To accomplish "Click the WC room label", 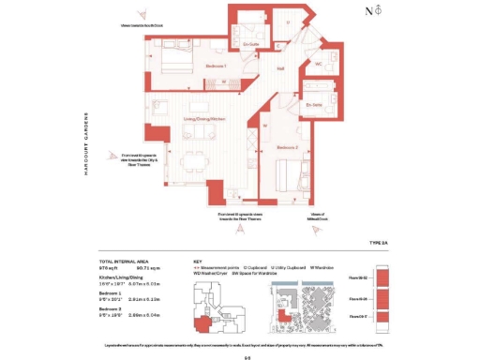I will click(318, 64).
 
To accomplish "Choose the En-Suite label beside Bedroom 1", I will click(249, 43).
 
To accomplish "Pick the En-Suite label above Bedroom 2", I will click(313, 106).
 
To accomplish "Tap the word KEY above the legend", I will click(197, 261).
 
